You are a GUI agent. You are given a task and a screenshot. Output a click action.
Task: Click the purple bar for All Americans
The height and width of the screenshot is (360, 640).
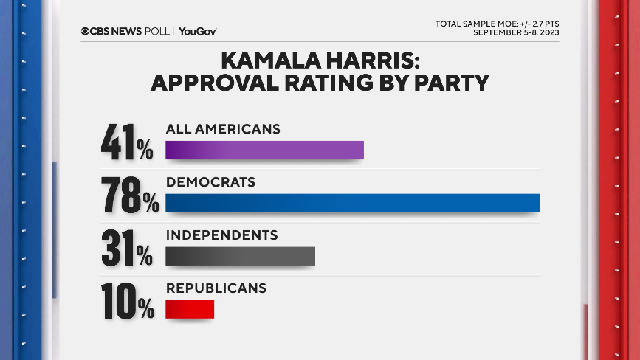click(264, 150)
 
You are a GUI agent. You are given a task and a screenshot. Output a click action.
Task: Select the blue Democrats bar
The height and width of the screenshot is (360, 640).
click(352, 203)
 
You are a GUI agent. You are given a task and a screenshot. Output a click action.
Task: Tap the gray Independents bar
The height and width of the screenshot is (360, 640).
click(240, 256)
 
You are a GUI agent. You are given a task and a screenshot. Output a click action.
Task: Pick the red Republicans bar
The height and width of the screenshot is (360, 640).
click(190, 309)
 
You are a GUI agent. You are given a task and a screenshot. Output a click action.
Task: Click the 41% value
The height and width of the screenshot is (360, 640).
click(126, 143)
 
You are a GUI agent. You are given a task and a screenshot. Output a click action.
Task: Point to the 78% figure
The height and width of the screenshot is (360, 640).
click(129, 196)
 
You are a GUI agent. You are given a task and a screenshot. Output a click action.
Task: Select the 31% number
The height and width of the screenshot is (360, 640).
click(126, 249)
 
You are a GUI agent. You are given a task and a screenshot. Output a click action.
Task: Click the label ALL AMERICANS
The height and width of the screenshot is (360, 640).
click(223, 128)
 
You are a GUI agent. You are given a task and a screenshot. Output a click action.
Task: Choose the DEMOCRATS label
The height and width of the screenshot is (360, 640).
click(210, 181)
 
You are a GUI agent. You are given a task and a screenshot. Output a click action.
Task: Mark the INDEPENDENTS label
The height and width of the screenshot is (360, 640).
click(221, 235)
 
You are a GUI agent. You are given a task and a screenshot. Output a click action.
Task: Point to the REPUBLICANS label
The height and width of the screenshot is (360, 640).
click(216, 288)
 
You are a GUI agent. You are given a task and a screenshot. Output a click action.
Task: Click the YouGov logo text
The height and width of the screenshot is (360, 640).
click(197, 31)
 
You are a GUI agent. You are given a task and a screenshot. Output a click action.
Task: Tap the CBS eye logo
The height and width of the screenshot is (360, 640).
click(86, 31)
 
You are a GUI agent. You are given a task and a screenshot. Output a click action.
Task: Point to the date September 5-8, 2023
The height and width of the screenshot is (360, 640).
click(515, 32)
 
